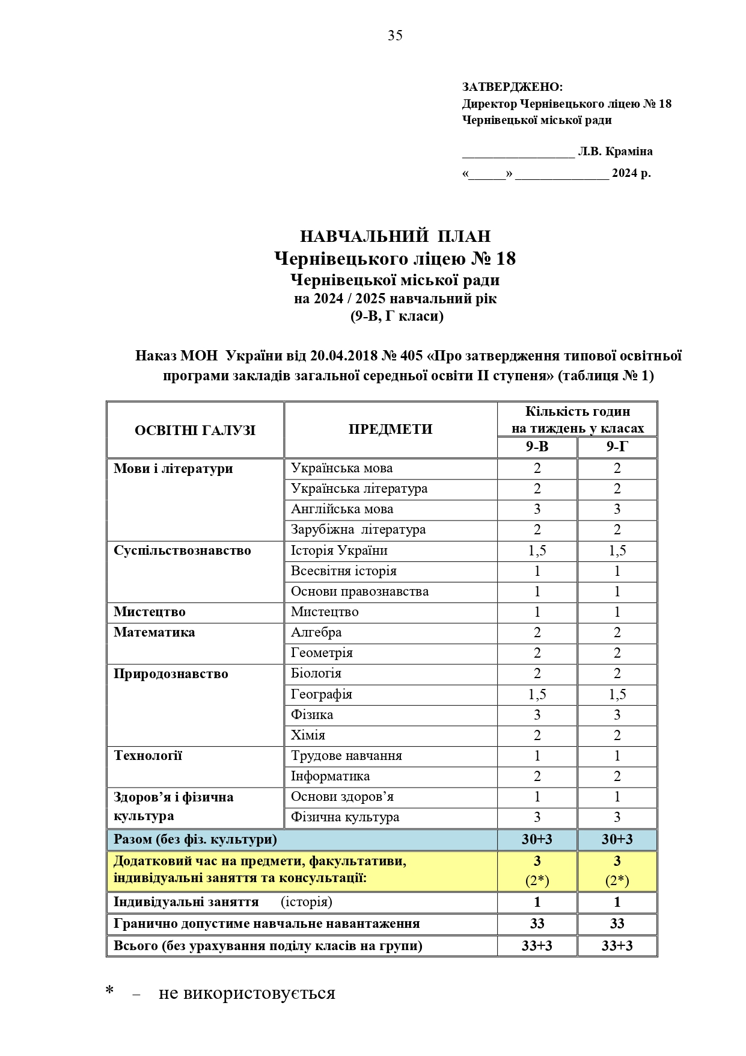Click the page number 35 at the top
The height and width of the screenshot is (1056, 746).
395,36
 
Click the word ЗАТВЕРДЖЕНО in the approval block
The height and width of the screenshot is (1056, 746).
512,87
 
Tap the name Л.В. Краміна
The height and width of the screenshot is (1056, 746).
615,152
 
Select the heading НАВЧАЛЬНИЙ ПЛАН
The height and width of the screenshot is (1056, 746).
395,236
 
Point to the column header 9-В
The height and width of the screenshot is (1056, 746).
537,447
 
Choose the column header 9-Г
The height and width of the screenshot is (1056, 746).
617,447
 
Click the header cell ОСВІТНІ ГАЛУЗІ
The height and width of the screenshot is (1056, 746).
195,430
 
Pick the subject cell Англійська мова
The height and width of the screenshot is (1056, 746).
342,509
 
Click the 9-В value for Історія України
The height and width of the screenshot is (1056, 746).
537,551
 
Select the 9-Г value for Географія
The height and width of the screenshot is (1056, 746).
617,694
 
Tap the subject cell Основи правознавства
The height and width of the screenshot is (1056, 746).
359,591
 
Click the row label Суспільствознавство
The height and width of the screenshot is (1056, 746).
182,551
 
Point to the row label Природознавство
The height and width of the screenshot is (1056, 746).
171,674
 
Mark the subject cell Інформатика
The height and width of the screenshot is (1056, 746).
330,776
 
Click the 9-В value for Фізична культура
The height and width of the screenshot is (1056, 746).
537,817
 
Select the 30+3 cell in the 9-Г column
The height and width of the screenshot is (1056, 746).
617,839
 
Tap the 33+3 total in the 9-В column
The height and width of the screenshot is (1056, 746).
537,946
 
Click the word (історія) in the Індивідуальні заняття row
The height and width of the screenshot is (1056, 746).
307,902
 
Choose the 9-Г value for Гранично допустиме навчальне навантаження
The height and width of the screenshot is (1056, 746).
617,924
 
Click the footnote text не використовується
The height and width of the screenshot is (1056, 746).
246,993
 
